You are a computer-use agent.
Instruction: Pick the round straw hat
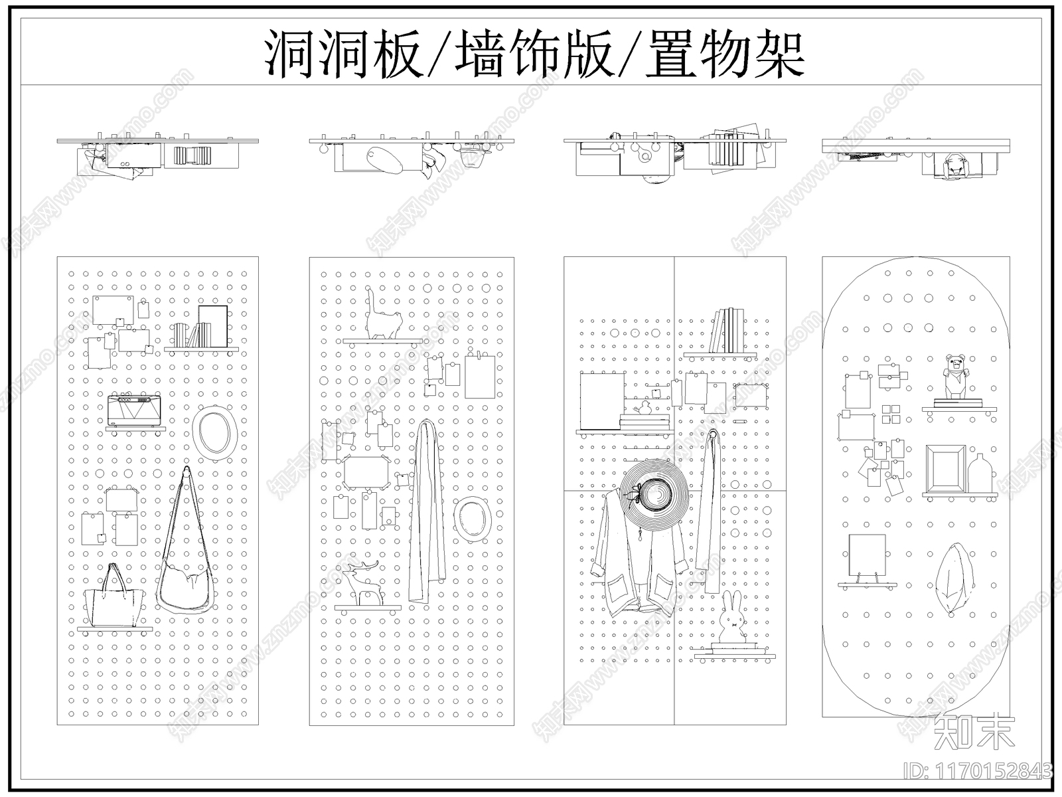click(655, 495)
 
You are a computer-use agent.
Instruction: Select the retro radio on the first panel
click(135, 410)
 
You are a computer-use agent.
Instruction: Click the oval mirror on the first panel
click(216, 432)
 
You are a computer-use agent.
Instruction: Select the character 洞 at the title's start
click(291, 54)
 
